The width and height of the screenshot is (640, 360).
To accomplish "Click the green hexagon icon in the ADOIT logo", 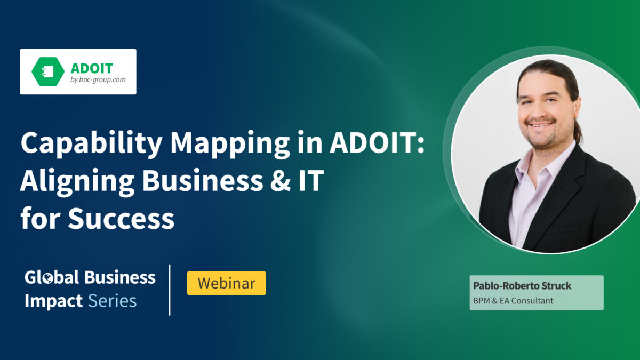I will click(x=47, y=71).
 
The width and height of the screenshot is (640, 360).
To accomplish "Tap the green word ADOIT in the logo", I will click(x=92, y=68).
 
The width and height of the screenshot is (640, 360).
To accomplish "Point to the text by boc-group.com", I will click(x=95, y=79).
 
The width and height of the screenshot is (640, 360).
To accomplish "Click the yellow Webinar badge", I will click(x=226, y=283).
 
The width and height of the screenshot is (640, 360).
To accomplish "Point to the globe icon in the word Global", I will click(x=47, y=278).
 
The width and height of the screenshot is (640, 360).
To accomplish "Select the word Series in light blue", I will click(x=112, y=301).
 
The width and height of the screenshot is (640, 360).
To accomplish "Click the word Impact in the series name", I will click(x=53, y=301).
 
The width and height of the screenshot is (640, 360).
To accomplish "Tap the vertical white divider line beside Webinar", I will click(x=170, y=290).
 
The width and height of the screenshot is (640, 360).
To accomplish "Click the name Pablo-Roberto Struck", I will click(x=522, y=286).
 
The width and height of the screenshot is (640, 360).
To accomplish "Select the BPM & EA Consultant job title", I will click(x=513, y=301).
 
